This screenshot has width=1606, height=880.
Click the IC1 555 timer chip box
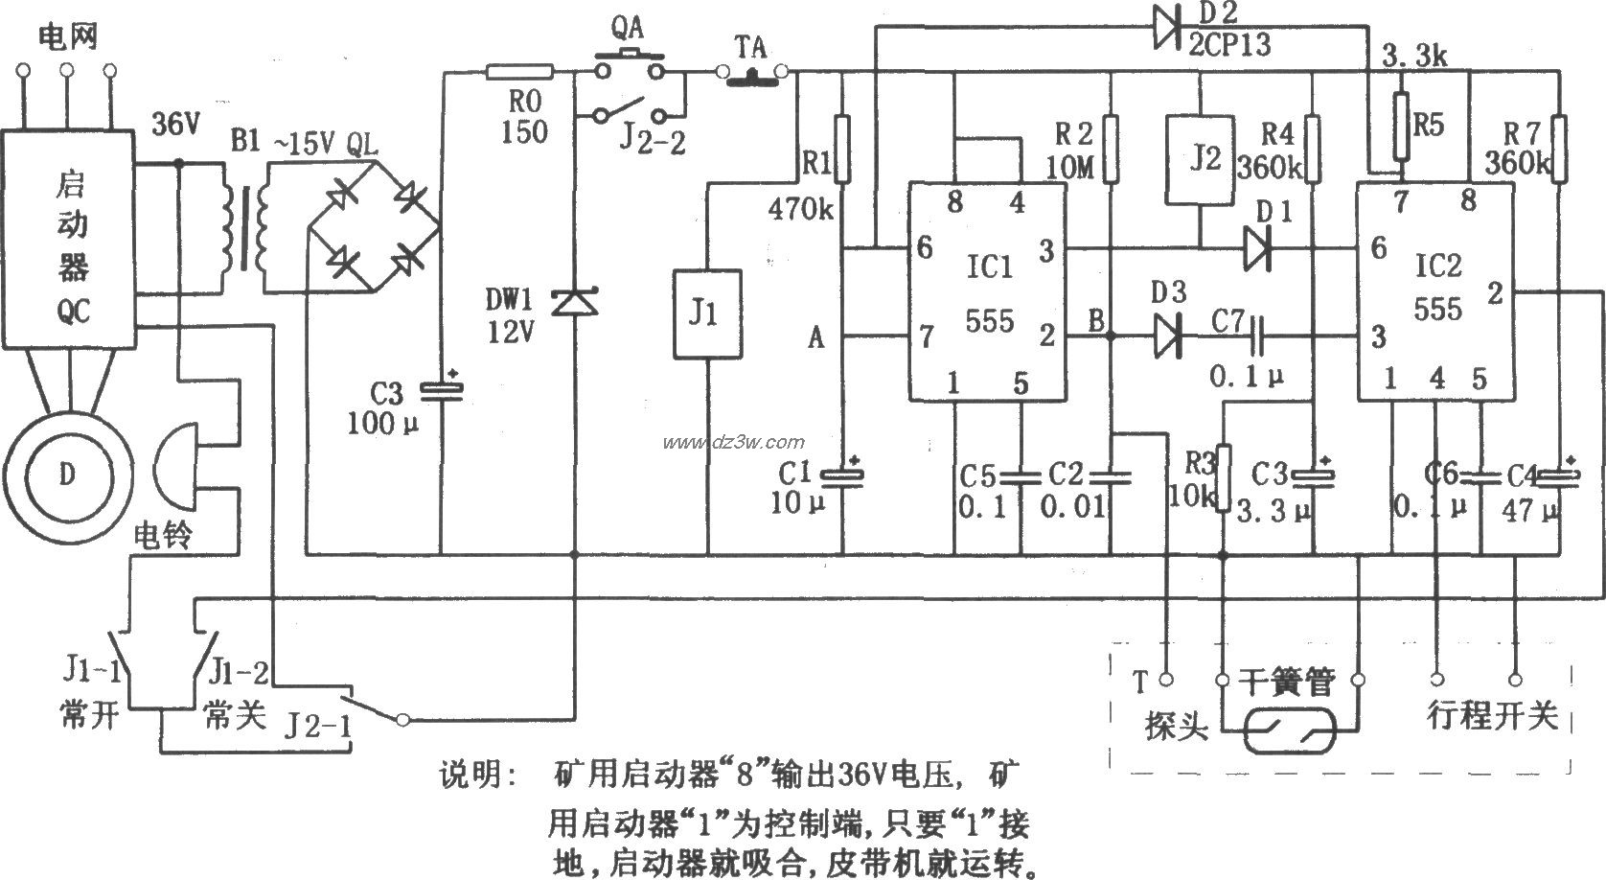987,292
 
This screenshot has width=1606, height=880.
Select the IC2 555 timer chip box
1434,292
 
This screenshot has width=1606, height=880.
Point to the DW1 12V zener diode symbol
574,302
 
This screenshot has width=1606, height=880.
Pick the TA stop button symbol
754,73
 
